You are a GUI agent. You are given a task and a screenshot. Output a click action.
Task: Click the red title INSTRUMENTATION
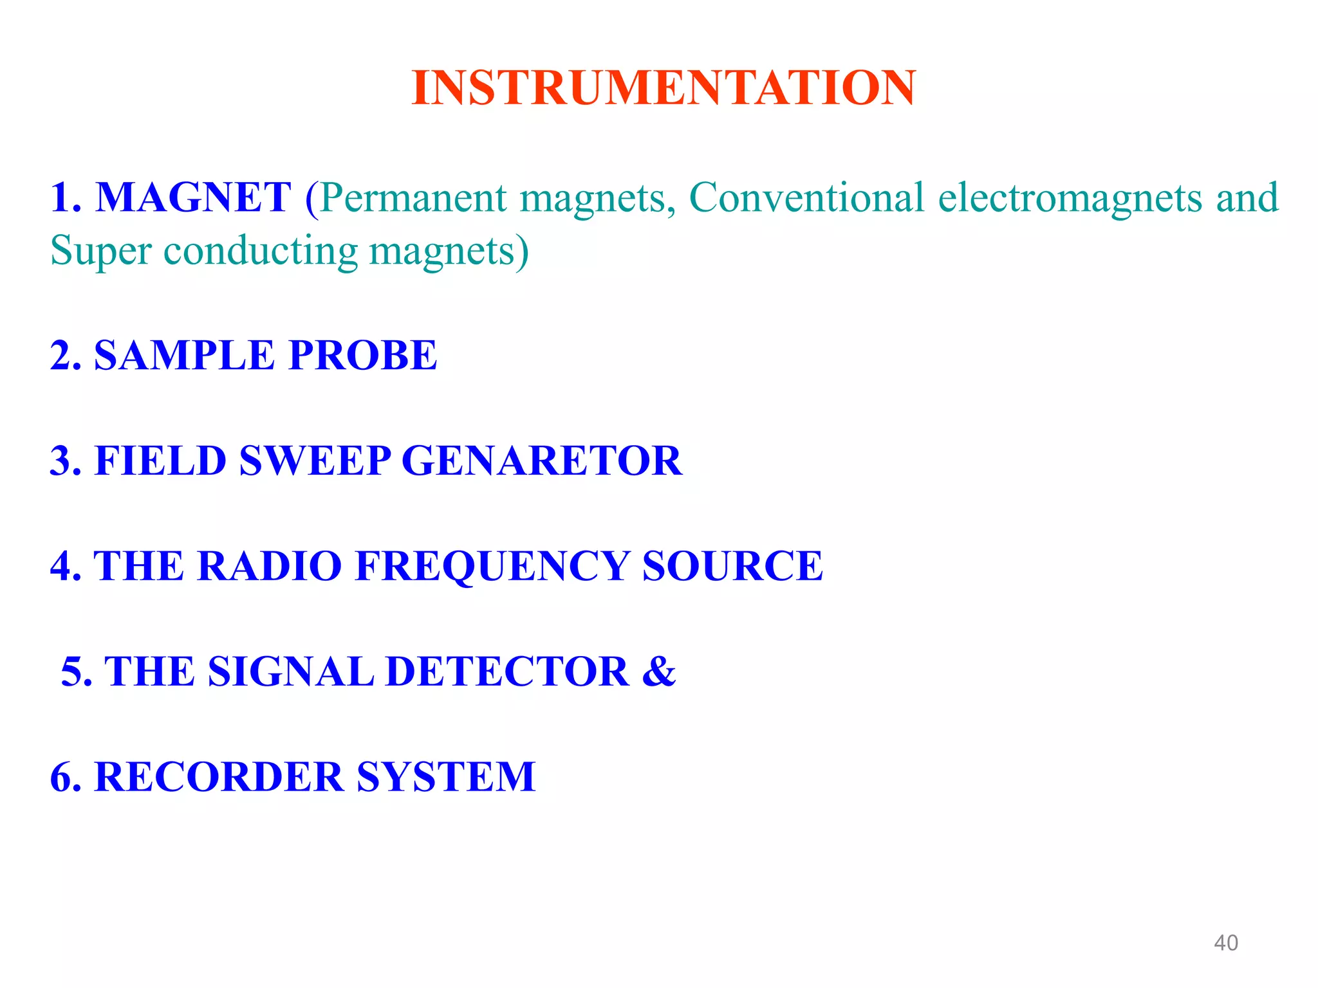[664, 87]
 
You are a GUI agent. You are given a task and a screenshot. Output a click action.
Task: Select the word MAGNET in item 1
[193, 197]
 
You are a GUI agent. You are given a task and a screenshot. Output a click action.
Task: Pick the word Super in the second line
[100, 251]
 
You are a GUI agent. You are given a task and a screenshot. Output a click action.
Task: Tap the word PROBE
[363, 355]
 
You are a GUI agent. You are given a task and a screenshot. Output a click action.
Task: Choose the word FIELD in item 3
[160, 461]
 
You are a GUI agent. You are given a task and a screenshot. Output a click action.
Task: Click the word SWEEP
[315, 461]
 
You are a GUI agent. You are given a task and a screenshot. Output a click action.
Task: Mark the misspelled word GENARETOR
[542, 461]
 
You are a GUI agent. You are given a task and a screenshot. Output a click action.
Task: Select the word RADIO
[269, 566]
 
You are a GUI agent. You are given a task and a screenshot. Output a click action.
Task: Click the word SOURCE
[732, 566]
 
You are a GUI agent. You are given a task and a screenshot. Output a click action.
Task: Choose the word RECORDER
[219, 776]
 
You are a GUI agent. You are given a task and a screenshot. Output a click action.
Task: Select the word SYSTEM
[446, 776]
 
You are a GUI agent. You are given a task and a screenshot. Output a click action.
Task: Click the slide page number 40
[1225, 943]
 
